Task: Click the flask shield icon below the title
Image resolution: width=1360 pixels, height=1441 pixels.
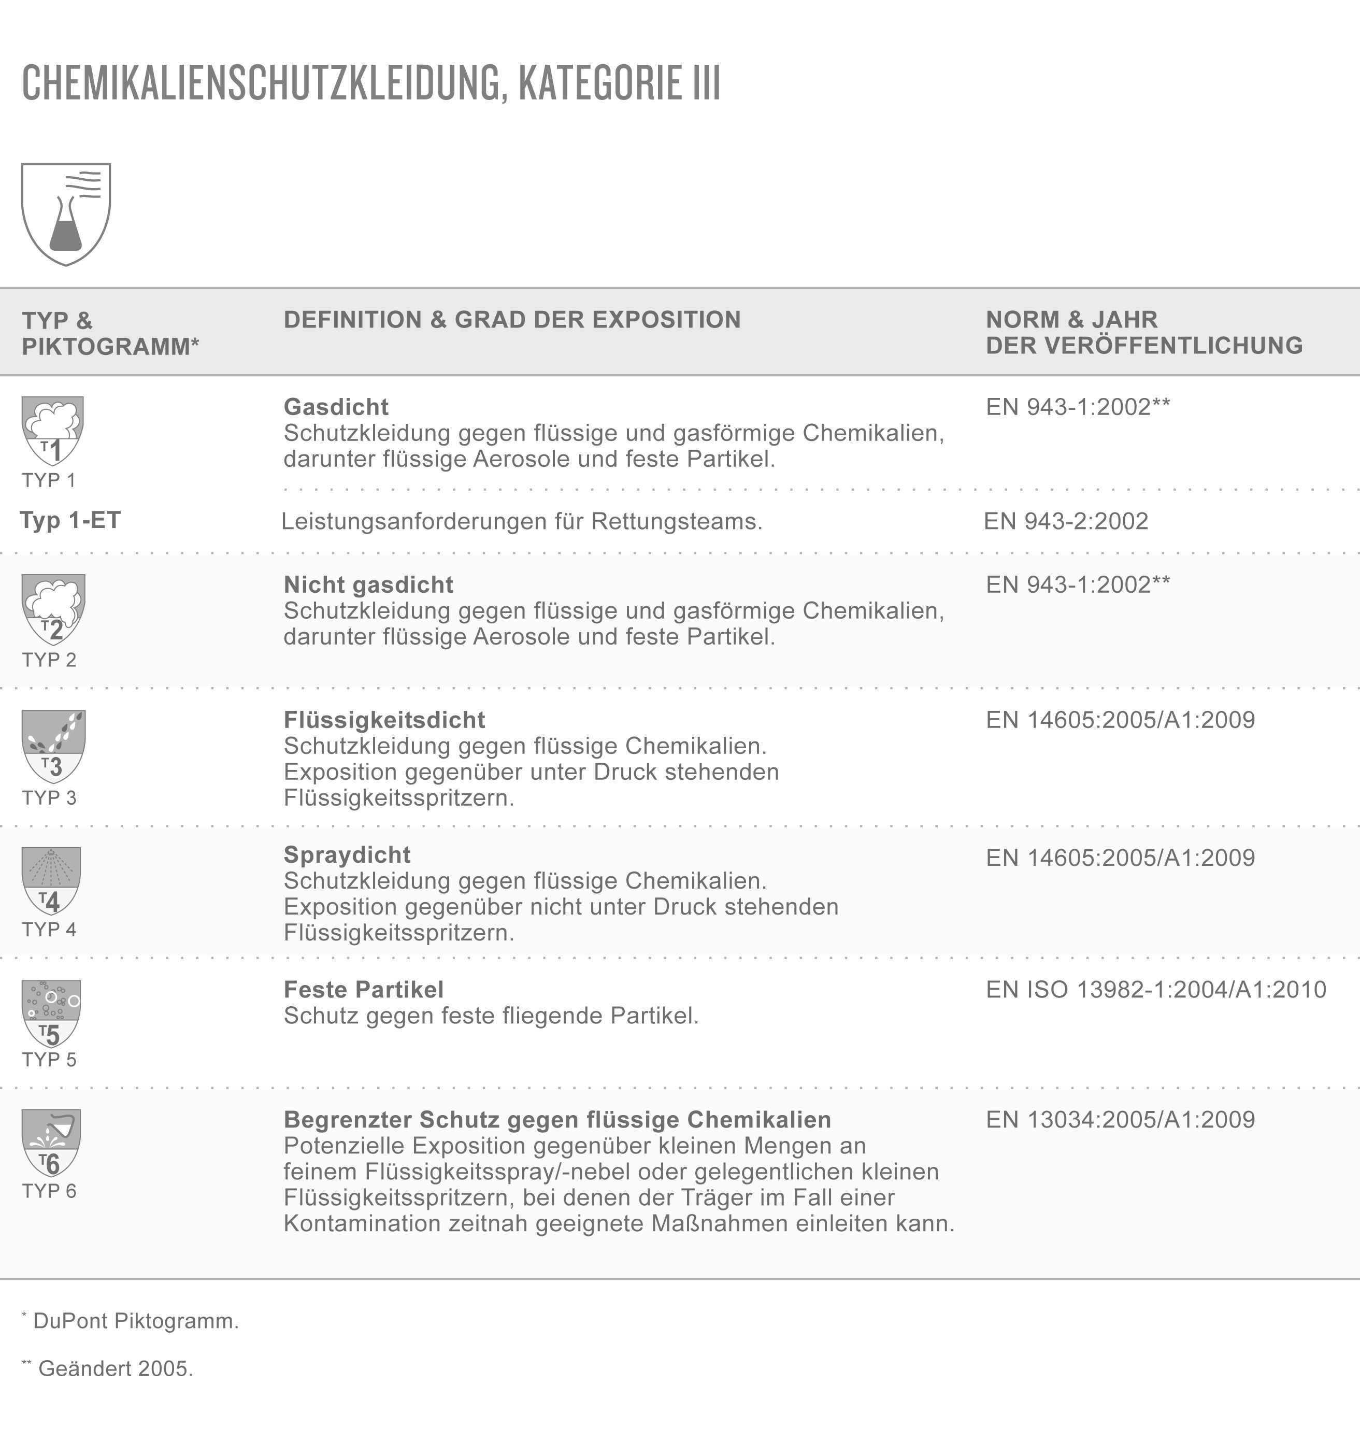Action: click(66, 214)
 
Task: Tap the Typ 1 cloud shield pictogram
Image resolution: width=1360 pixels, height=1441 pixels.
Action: click(52, 431)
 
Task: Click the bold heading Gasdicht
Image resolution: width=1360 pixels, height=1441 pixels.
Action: click(336, 407)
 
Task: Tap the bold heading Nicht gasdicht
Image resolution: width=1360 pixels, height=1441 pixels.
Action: click(368, 584)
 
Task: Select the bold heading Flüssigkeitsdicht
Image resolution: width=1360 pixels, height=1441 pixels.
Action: click(384, 720)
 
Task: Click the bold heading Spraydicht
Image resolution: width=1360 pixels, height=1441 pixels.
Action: click(347, 854)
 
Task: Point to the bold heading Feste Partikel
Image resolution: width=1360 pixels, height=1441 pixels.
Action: click(363, 989)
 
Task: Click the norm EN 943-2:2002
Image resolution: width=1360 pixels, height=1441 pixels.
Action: click(1066, 521)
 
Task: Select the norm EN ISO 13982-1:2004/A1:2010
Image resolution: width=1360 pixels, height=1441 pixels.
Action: click(1155, 989)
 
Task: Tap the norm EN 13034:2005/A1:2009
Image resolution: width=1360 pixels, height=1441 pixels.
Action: click(1120, 1119)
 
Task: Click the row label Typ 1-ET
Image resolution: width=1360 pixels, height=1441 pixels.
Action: click(70, 520)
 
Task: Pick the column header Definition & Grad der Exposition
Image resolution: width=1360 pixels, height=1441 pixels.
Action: click(512, 320)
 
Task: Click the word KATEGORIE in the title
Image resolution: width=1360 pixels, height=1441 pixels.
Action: click(601, 83)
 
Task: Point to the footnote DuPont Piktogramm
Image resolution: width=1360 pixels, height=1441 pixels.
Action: click(136, 1321)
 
